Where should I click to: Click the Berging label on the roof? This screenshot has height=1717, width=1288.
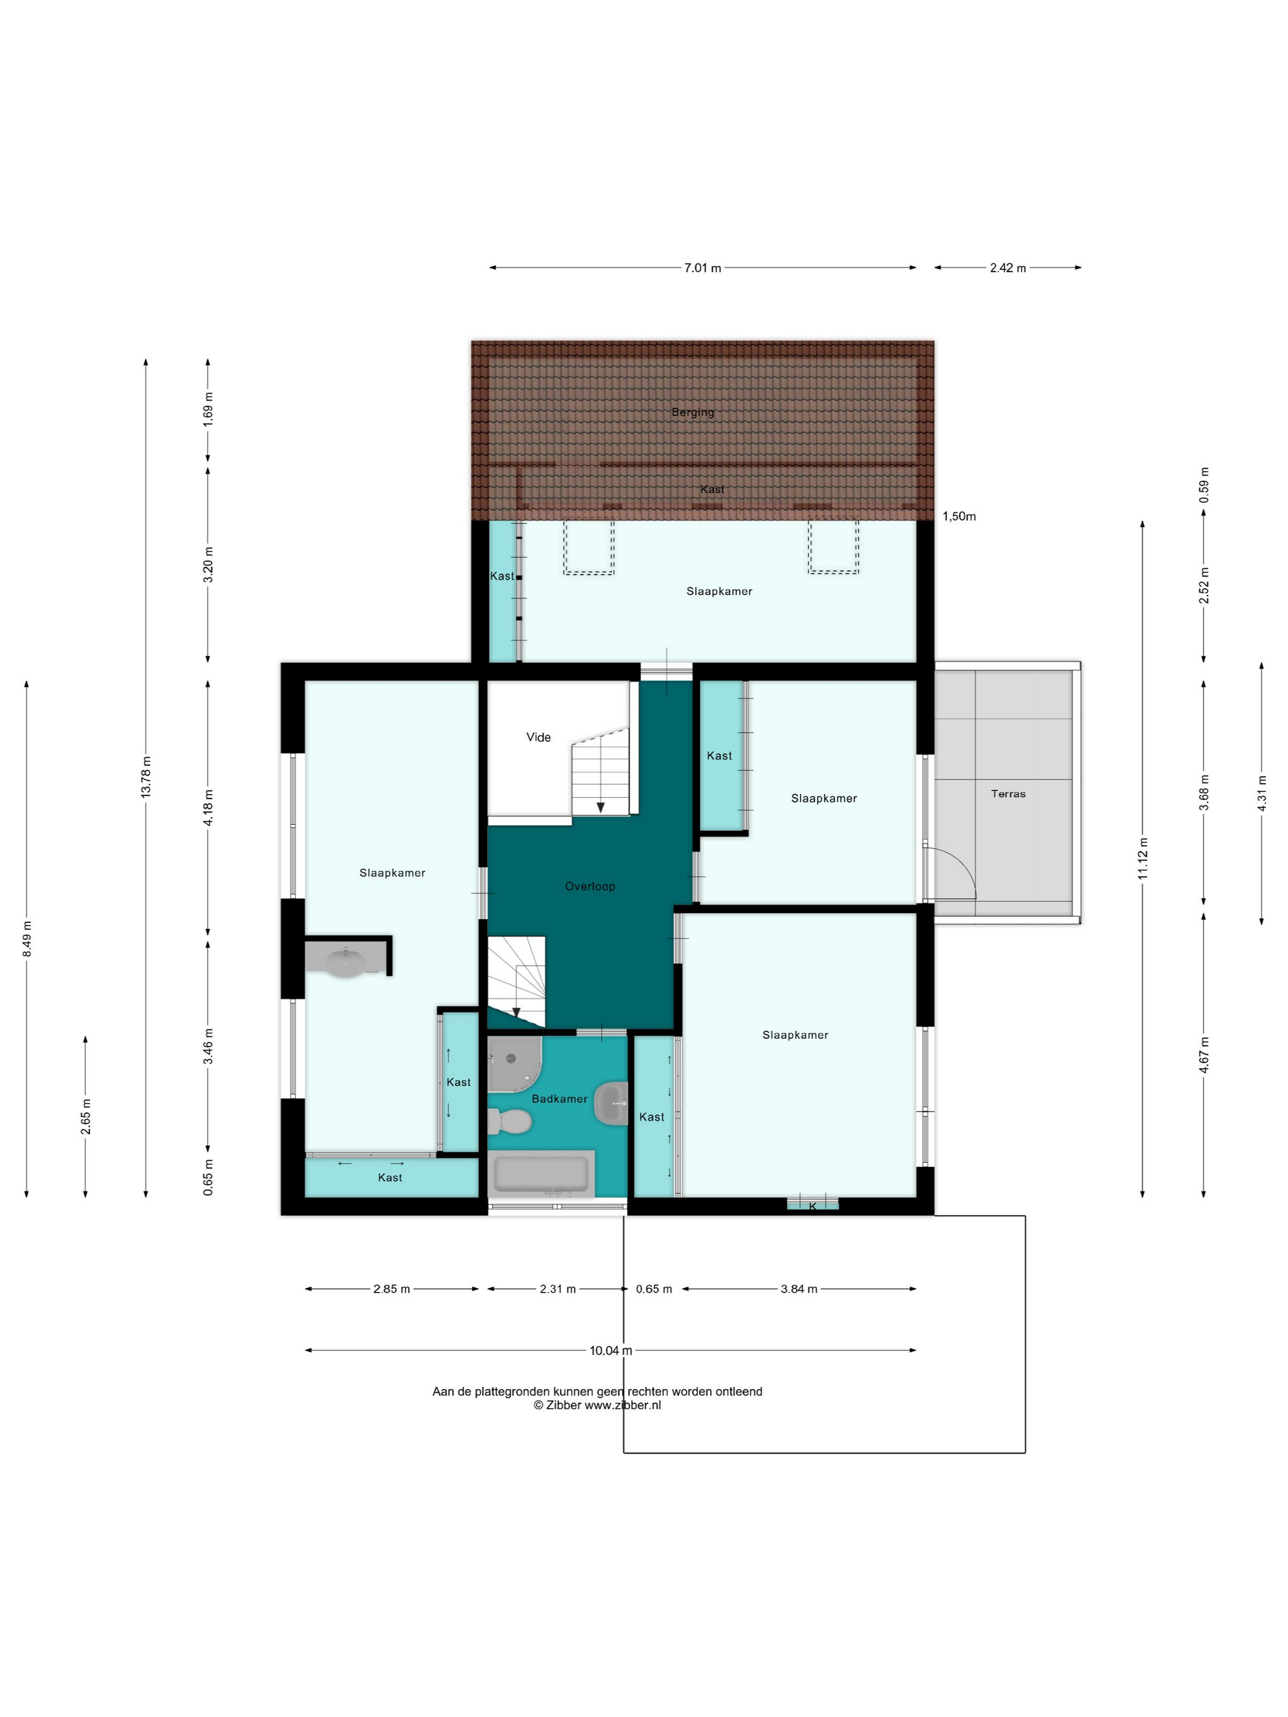click(692, 412)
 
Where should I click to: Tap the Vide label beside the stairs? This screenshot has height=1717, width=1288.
click(538, 738)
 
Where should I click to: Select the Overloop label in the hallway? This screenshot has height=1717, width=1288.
click(590, 887)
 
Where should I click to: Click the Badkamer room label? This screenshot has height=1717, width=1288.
click(559, 1099)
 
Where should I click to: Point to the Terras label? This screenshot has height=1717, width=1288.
click(1008, 794)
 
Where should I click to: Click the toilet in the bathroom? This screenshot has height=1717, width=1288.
click(509, 1122)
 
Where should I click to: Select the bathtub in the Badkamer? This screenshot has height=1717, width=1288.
click(541, 1174)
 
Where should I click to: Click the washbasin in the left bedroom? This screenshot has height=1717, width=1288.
click(345, 961)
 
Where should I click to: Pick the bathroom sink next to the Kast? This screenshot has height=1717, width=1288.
click(611, 1103)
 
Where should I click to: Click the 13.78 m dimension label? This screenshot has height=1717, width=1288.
click(146, 777)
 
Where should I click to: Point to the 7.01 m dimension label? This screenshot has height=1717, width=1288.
click(702, 268)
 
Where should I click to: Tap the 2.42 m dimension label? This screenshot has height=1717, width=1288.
click(1008, 268)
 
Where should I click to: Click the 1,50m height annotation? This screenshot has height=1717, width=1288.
click(959, 516)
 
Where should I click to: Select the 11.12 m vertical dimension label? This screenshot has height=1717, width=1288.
click(1143, 858)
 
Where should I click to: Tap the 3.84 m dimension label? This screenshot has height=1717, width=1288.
click(799, 1290)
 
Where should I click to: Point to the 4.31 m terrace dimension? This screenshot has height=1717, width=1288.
click(1262, 793)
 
